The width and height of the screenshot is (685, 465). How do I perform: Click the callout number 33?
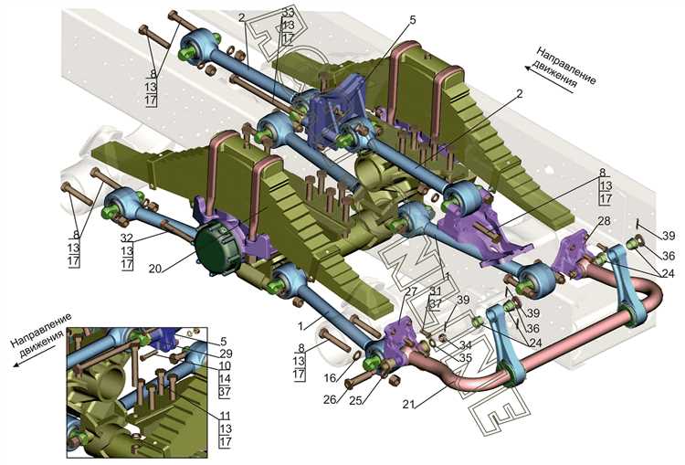(x=289, y=12)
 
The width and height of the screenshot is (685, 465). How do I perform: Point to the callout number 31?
(x=435, y=291)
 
